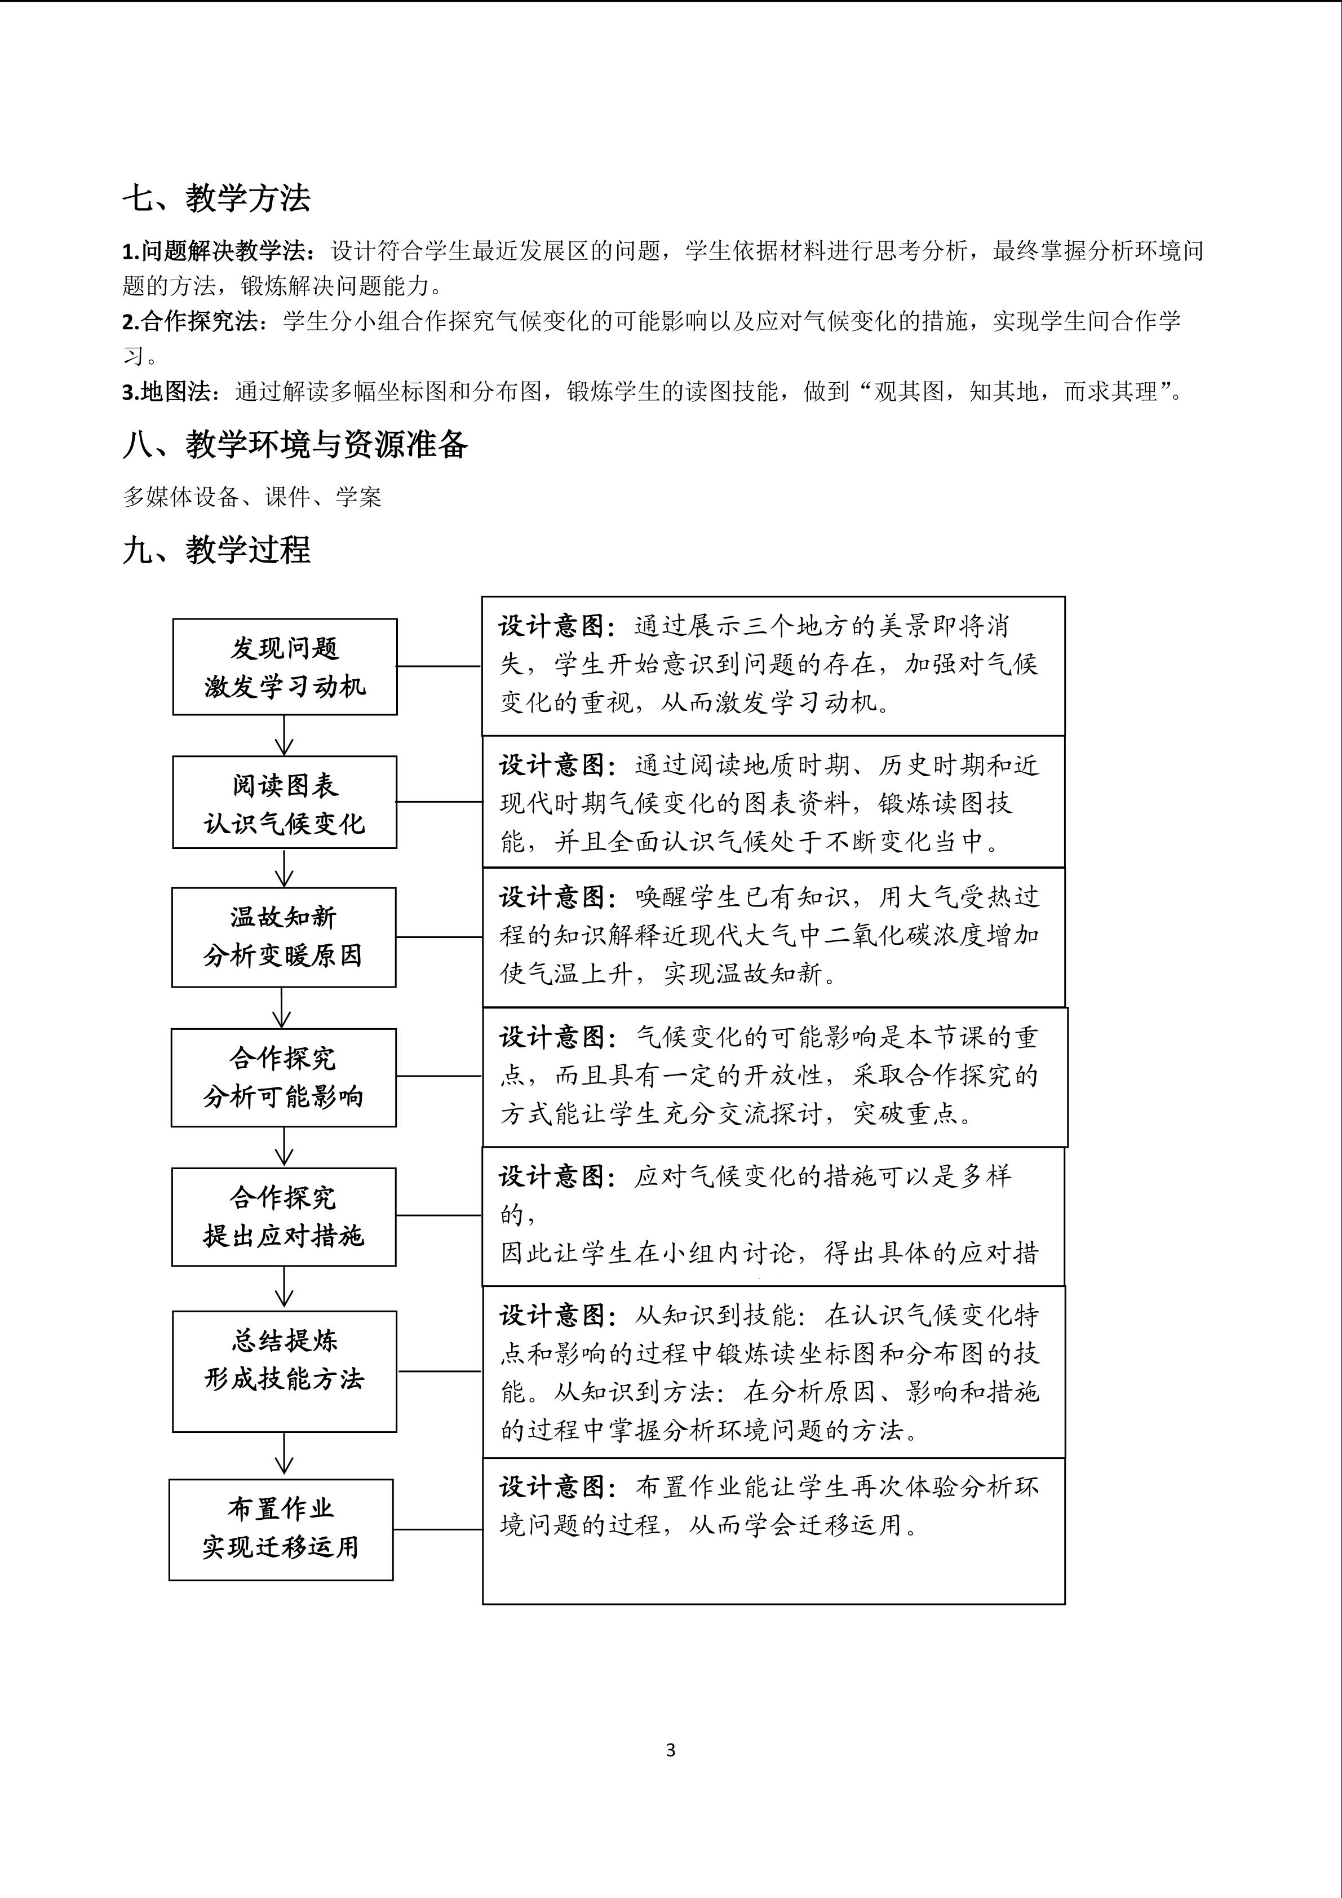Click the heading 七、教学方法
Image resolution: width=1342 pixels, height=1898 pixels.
216,198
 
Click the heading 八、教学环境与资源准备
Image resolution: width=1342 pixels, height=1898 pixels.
295,445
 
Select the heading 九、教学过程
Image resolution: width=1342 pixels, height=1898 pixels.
216,550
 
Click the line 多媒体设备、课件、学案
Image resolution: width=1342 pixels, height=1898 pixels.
252,497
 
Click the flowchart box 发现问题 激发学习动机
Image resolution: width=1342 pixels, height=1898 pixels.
284,666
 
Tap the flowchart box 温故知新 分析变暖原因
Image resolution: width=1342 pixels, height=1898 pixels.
284,937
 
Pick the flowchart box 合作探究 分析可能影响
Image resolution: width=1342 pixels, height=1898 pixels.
284,1077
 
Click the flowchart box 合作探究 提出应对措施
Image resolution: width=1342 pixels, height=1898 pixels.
284,1216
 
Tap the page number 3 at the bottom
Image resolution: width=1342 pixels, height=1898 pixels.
670,1749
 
